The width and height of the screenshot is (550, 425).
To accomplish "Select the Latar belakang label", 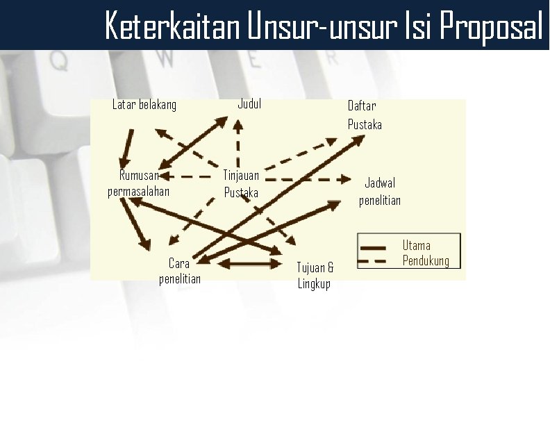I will click(x=144, y=105).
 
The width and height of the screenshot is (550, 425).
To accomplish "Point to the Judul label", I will click(x=249, y=104).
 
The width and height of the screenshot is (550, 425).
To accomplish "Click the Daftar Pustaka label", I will click(x=365, y=115).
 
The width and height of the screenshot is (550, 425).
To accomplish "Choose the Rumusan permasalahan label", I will click(x=139, y=183).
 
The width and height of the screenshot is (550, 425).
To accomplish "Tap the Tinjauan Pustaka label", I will click(x=241, y=184).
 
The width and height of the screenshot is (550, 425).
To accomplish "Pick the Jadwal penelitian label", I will click(x=380, y=192).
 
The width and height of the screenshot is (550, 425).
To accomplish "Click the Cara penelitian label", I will click(x=179, y=271).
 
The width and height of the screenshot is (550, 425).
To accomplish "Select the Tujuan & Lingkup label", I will click(x=315, y=276).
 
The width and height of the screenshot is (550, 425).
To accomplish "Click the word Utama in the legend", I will click(x=417, y=245).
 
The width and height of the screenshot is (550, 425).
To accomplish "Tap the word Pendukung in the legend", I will click(x=426, y=261).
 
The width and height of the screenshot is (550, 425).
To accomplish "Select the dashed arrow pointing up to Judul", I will click(x=237, y=142).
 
